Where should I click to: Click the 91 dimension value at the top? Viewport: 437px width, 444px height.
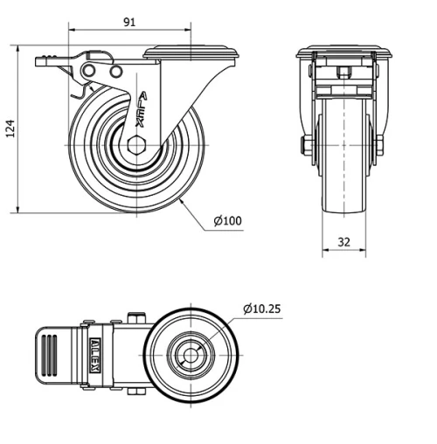128,23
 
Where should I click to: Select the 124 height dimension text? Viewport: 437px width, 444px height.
10,129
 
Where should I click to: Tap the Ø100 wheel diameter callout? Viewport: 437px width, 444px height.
227,220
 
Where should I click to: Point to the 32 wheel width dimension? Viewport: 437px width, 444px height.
343,242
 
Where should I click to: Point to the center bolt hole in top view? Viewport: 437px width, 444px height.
190,355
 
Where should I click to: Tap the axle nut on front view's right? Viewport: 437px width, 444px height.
380,145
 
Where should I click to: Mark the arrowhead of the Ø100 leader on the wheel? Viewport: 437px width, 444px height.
182,199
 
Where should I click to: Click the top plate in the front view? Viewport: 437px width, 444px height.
343,52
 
